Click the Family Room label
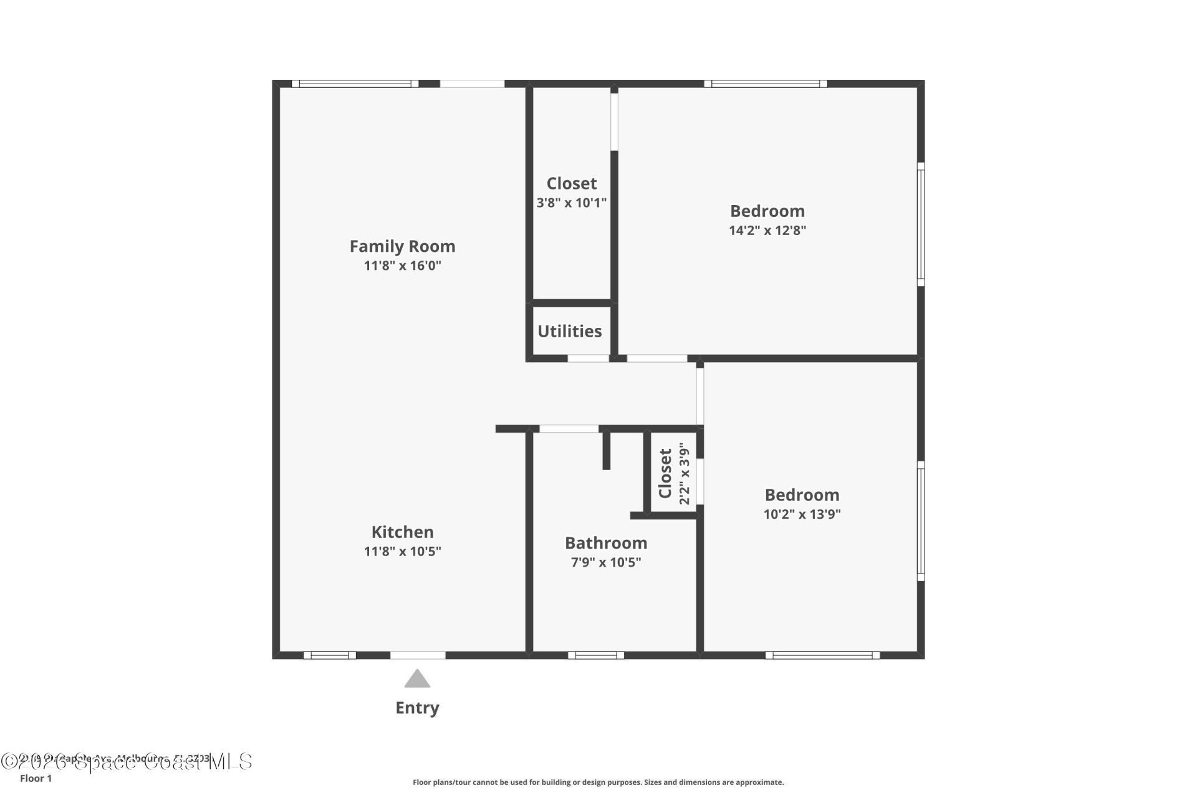point(402,246)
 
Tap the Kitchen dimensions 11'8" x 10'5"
point(402,551)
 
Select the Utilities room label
point(569,331)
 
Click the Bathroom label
point(606,542)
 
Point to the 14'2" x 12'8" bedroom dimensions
point(767,230)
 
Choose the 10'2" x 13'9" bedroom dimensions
point(802,514)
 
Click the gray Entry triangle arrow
point(417,679)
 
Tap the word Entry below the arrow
point(417,708)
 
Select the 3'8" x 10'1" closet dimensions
point(571,203)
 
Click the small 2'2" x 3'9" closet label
point(666,474)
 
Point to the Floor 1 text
point(36,778)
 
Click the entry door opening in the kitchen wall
point(418,655)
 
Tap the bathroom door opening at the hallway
point(569,429)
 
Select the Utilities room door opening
point(588,358)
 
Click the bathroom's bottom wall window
point(595,655)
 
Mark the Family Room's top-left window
point(355,84)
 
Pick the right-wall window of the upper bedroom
point(921,224)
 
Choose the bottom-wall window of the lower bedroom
point(822,655)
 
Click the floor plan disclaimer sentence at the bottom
point(598,782)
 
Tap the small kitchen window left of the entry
point(329,655)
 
